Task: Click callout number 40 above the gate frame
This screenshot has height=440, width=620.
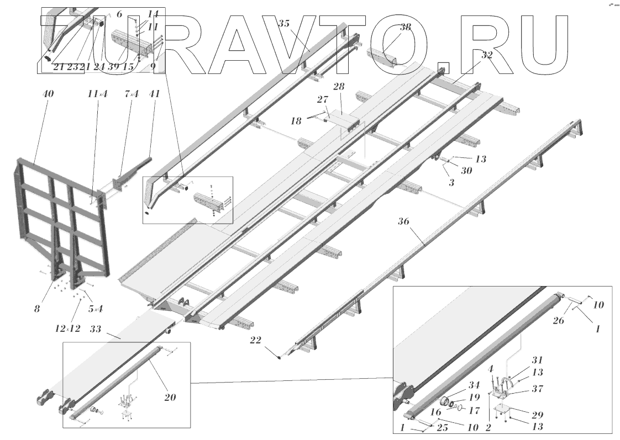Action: (48, 94)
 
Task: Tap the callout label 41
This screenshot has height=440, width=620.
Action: (154, 94)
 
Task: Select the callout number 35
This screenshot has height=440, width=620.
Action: (283, 24)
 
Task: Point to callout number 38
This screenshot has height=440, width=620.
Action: (405, 28)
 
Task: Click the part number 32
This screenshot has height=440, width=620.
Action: (486, 55)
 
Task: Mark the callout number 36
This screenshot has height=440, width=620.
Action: (403, 221)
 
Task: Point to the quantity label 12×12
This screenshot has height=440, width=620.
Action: (67, 328)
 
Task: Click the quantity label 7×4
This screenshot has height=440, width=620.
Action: (132, 94)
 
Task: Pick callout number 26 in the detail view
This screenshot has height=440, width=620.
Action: (558, 320)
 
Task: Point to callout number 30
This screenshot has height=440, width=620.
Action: (466, 171)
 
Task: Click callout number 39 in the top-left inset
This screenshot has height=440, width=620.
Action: (114, 66)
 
